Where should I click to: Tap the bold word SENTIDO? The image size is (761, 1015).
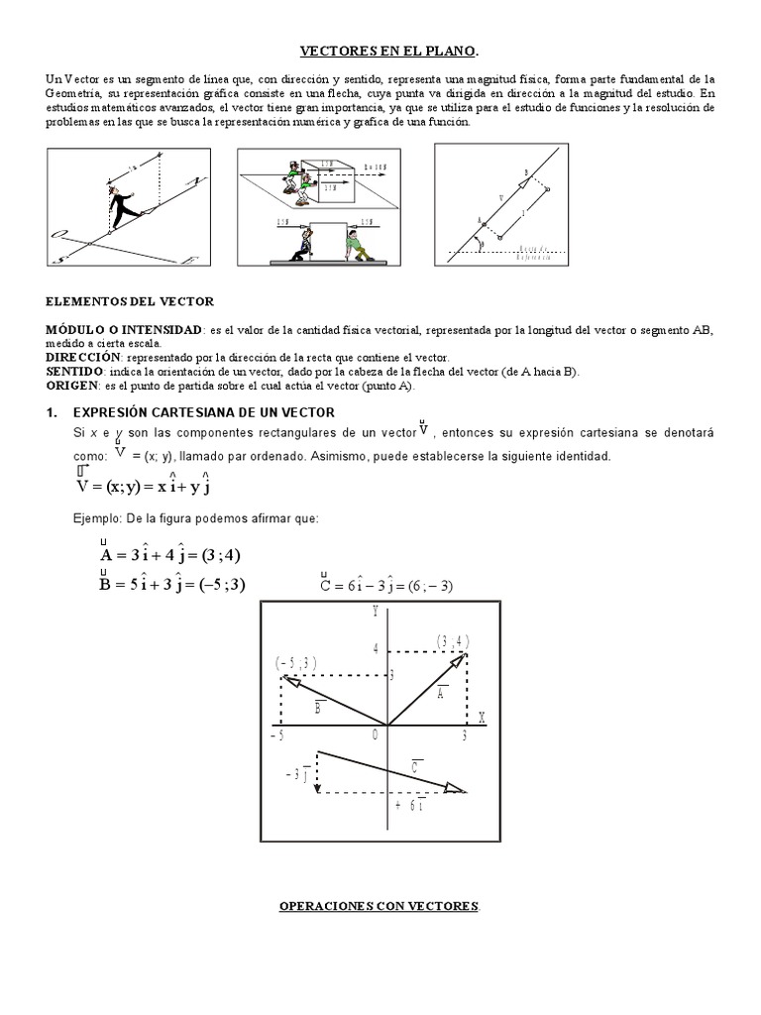[76, 371]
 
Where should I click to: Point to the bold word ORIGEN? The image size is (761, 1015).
[74, 386]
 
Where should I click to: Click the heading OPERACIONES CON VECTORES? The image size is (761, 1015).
[380, 907]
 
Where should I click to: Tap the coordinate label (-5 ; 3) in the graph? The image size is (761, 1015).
[295, 661]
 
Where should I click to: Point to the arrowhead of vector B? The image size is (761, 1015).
[287, 680]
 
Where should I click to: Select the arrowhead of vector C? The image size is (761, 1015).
[457, 789]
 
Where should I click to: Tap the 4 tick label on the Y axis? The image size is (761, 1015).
[377, 650]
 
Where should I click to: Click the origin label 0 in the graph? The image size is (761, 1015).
[376, 734]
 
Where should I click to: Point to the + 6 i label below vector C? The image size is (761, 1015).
[410, 806]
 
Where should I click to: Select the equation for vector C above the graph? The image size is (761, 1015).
[386, 585]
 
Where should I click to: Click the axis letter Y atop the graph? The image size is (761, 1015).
[376, 613]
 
